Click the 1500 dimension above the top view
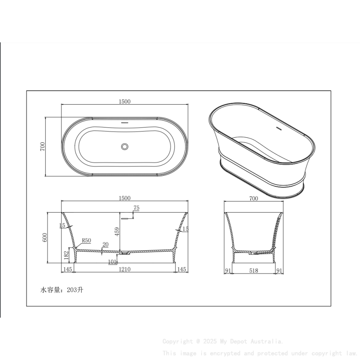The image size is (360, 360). point(125,101)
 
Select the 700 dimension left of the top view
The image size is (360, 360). point(42,147)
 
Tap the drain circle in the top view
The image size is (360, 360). point(125,146)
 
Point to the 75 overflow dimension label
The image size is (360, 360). point(136,208)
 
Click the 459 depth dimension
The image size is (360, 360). point(117,232)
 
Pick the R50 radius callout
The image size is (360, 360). point(86,241)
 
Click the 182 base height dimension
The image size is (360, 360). point(66,255)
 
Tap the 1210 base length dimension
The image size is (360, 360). point(125,269)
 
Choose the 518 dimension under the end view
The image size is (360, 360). point(254,269)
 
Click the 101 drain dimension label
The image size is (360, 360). point(112,262)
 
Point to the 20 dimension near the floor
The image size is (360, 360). point(105,245)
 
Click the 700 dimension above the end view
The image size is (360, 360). point(254,198)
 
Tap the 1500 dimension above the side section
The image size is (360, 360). point(125,198)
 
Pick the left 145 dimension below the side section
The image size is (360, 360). point(67,269)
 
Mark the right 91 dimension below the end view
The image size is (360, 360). point(279,269)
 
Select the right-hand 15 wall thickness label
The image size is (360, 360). point(185,230)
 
